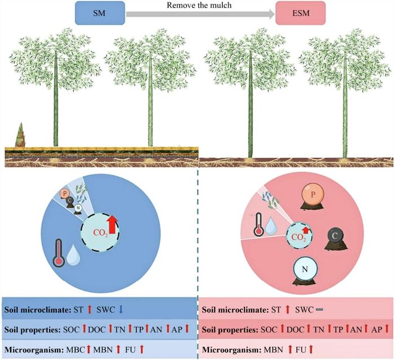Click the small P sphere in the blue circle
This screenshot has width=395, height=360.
[65, 195]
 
